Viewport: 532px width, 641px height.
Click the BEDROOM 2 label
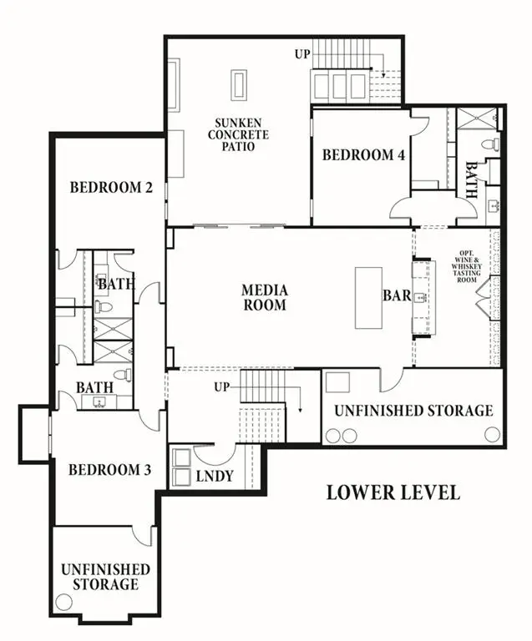110,187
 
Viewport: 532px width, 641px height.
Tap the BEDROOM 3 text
109,470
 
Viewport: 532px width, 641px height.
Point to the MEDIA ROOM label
265,297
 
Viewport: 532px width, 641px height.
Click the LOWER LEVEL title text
392,492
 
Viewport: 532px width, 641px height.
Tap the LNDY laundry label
215,476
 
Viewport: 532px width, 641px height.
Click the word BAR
396,295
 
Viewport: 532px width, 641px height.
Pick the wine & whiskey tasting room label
465,267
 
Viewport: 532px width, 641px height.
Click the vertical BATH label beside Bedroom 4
471,180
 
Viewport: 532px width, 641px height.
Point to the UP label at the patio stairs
302,54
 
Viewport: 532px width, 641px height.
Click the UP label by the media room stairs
221,387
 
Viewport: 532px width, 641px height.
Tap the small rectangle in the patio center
239,86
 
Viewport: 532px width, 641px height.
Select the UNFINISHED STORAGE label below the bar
413,411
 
